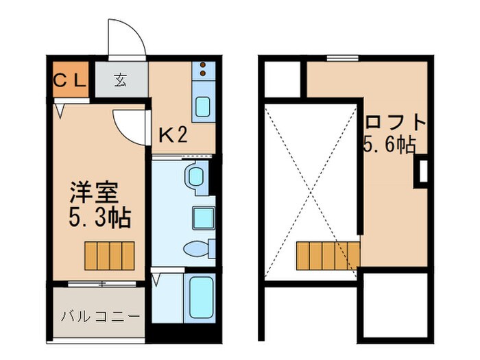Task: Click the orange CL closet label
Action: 71,80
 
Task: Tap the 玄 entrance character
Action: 121,80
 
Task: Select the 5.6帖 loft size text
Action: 389,145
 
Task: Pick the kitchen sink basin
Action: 204,107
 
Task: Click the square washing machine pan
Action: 203,216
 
